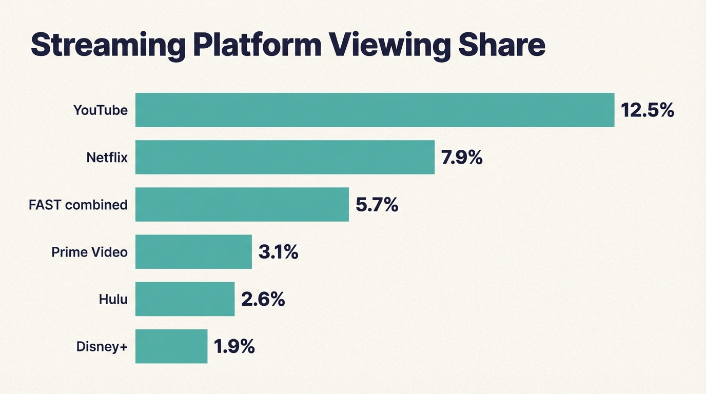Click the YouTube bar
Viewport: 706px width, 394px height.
pos(375,110)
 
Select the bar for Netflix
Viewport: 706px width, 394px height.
pos(285,157)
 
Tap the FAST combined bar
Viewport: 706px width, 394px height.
pos(242,204)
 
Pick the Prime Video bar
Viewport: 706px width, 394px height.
pos(193,251)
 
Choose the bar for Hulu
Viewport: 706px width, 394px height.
pos(185,299)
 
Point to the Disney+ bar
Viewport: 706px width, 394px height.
pos(171,346)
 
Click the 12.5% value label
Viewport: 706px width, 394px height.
pos(647,110)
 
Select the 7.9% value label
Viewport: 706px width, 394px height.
pos(462,157)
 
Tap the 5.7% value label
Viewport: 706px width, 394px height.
pos(377,205)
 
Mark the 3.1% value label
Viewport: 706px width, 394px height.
pos(278,252)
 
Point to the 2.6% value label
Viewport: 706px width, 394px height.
pos(263,299)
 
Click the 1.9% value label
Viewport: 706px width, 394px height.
pos(234,347)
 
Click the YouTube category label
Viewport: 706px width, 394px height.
pos(101,110)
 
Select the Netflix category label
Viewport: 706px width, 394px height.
pos(107,157)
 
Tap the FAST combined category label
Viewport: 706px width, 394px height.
pos(78,205)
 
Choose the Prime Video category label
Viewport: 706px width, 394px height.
pos(89,252)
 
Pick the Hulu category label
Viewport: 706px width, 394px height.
pos(113,299)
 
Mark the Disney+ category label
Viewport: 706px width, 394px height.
pos(102,347)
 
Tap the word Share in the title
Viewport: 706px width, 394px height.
pos(501,45)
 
